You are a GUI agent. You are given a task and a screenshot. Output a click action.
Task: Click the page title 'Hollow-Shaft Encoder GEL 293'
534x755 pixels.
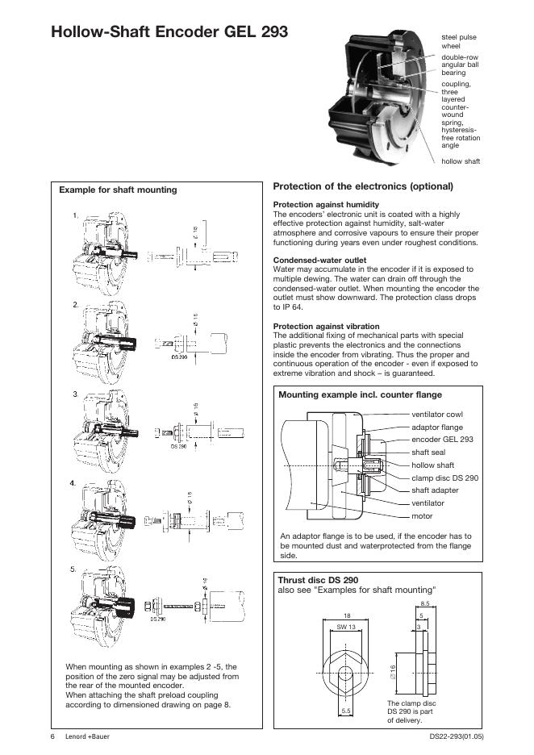click(169, 32)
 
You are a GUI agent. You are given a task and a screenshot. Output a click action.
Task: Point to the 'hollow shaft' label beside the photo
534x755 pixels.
click(461, 161)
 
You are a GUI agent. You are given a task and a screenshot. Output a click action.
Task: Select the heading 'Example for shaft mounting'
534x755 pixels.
click(118, 190)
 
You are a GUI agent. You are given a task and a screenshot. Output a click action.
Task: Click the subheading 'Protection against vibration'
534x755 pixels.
click(327, 326)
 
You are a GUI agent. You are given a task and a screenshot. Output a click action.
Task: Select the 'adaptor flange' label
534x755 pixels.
click(437, 428)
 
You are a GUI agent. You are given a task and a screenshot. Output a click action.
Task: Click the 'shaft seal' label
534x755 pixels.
click(428, 453)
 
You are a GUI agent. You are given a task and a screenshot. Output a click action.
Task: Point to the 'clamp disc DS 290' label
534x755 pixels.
click(444, 478)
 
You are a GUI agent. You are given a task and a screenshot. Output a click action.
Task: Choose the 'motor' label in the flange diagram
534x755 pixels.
click(422, 515)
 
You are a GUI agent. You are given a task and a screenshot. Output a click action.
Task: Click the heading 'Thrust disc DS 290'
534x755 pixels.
click(318, 580)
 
